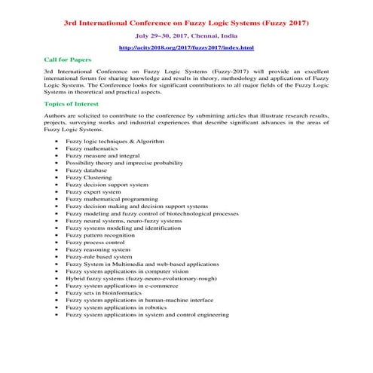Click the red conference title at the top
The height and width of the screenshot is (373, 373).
186,23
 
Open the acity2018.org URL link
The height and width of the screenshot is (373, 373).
186,47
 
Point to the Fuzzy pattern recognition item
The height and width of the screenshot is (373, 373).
100,235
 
